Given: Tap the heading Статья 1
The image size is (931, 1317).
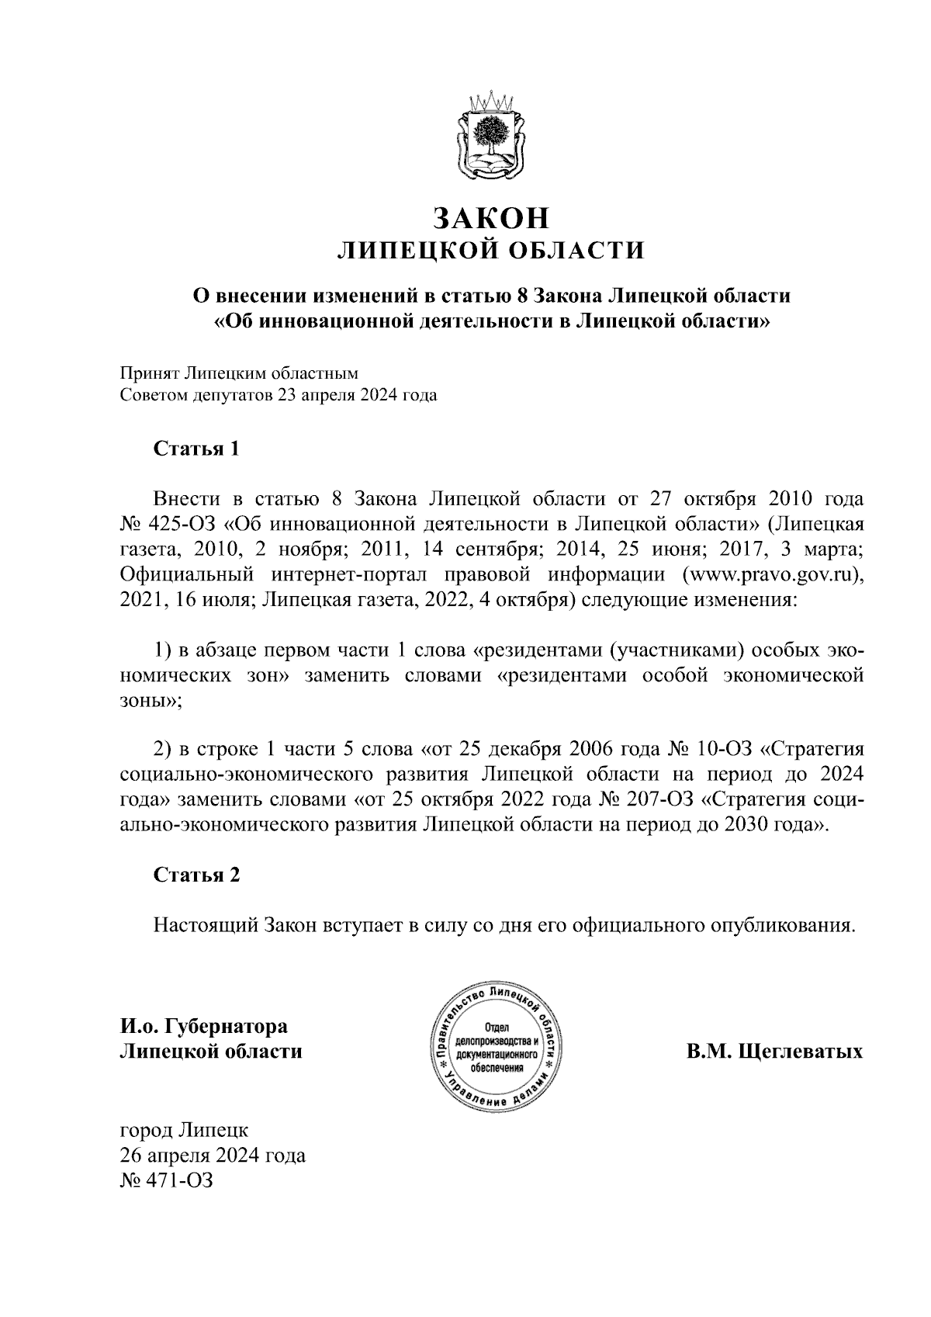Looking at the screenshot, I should click(x=196, y=449).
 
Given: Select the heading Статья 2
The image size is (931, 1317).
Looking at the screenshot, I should click(x=196, y=875).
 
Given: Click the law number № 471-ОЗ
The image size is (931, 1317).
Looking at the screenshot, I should click(x=165, y=1181).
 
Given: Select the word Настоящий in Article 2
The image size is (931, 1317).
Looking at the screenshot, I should click(x=205, y=926).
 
